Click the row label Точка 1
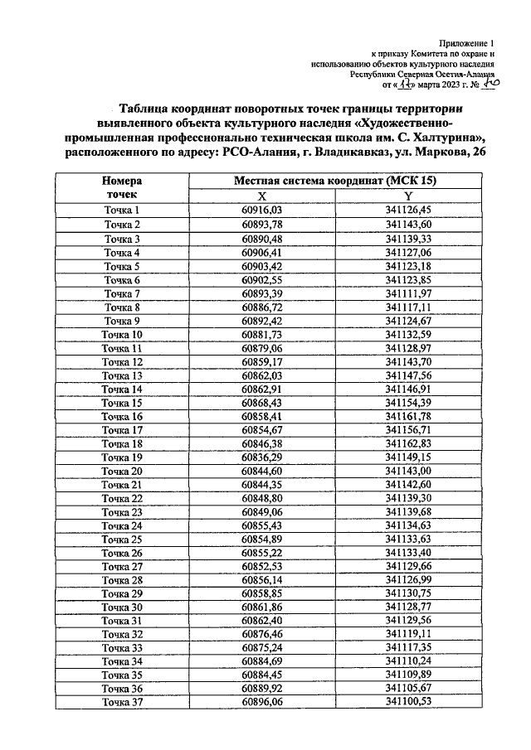[x=122, y=210]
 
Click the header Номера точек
[x=122, y=188]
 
